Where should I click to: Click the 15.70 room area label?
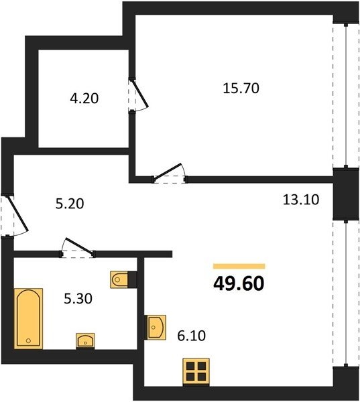coord(241,88)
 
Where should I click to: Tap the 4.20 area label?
coord(84,98)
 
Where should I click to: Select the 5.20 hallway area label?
coord(70,204)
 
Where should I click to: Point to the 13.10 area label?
coord(301,200)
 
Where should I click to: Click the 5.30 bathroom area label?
coord(78,299)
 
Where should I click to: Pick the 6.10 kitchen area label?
coord(192,336)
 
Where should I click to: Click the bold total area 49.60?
coord(239,284)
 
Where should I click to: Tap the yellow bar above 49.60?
coord(239,266)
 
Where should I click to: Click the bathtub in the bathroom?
coord(28,319)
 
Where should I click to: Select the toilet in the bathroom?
coord(123,279)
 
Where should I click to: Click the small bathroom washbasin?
coord(85,341)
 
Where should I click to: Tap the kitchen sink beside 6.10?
coord(155,328)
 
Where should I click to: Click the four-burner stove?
coord(196,372)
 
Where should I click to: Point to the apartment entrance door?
coord(14,215)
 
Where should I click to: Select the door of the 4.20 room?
coord(138,95)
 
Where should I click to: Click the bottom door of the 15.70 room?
coord(170,174)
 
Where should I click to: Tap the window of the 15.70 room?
coord(346,96)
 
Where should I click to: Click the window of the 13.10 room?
coord(346,293)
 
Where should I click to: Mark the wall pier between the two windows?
coord(346,194)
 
